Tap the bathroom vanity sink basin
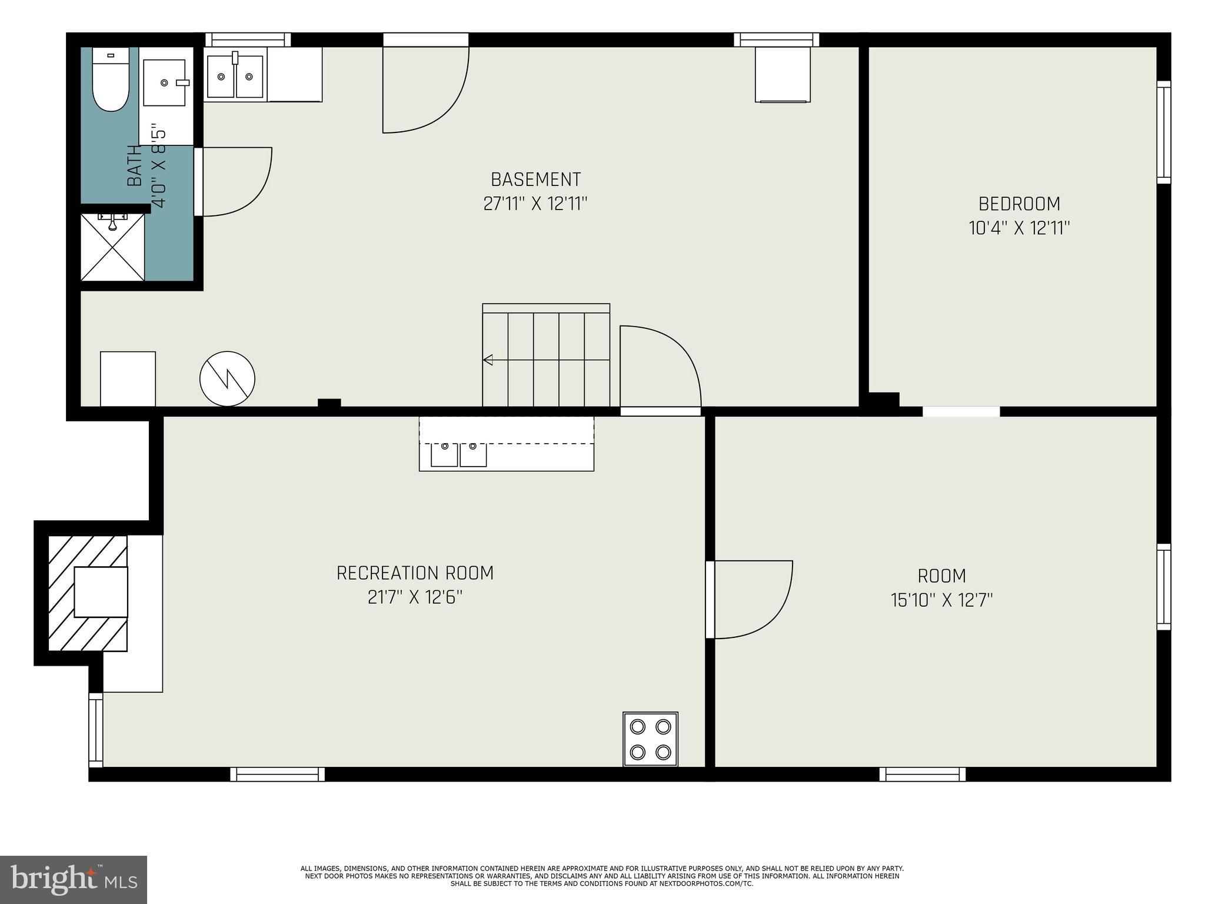pos(164,82)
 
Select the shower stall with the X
pos(112,248)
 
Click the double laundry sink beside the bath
pos(235,76)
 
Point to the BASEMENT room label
pos(535,180)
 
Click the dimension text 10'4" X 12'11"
pos(1019,228)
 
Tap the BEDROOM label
pos(1019,204)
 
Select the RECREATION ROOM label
pos(415,573)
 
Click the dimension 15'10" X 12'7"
pos(941,600)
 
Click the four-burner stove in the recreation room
pos(650,739)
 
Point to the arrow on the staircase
pos(488,360)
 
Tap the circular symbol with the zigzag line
pos(227,378)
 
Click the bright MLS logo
pos(74,879)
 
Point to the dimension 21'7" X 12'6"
pos(415,597)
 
